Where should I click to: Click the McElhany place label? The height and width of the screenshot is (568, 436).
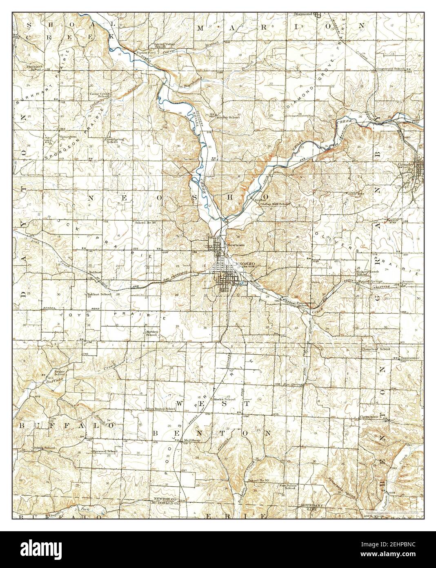192,440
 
